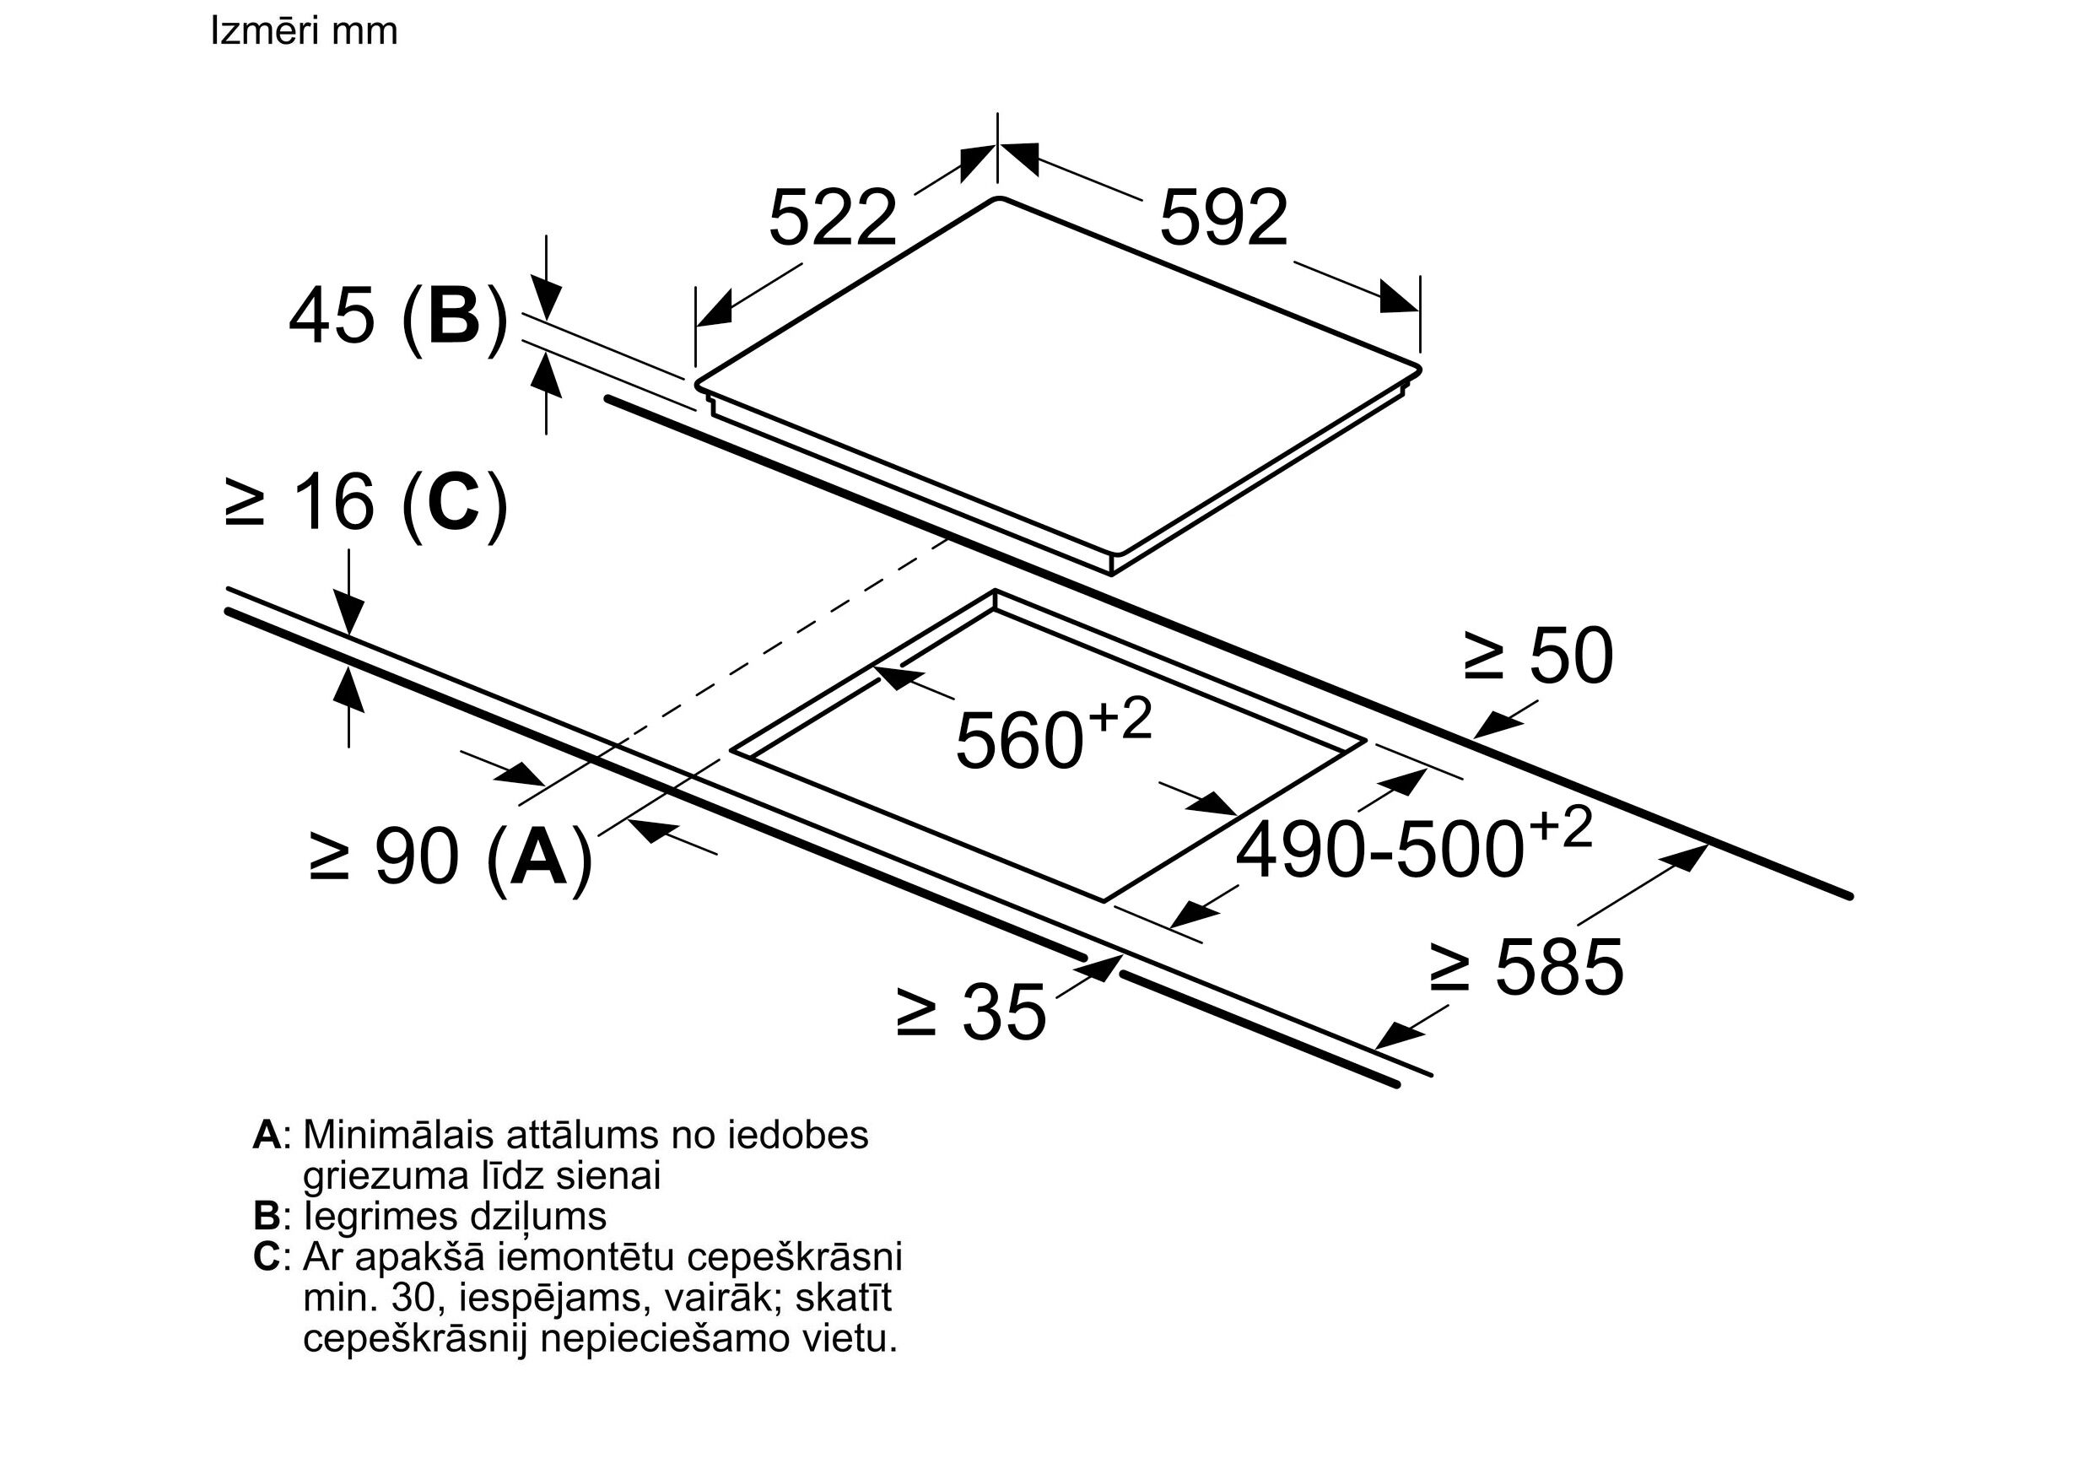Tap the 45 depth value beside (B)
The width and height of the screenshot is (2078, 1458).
pos(331,316)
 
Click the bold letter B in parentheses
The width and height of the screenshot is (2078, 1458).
pos(453,316)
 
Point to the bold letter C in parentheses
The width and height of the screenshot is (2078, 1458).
pos(453,503)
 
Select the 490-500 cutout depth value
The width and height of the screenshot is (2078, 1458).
pos(1379,850)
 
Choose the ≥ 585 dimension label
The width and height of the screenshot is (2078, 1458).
pos(1526,968)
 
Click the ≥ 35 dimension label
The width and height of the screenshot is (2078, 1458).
pos(970,1012)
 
